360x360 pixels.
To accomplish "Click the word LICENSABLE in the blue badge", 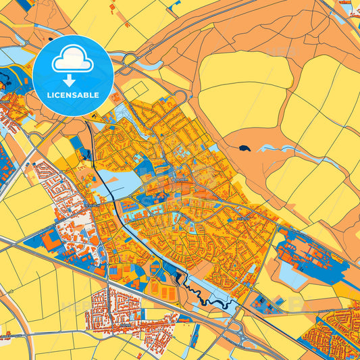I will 72,95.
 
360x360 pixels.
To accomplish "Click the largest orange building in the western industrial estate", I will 51,240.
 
